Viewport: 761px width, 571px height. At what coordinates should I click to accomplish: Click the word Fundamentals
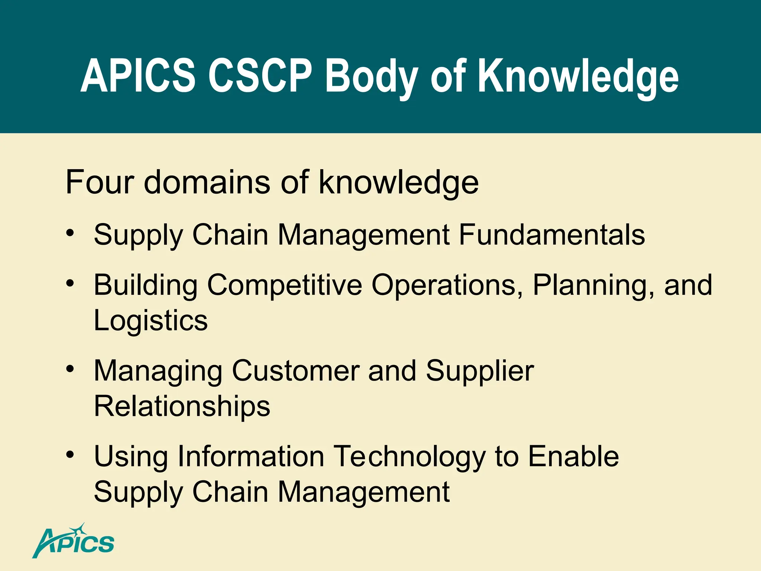(x=552, y=235)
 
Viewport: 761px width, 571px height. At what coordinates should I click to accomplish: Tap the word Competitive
(x=284, y=285)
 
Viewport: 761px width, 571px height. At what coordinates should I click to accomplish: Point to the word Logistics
(x=150, y=320)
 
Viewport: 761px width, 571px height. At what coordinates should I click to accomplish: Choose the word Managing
(x=158, y=371)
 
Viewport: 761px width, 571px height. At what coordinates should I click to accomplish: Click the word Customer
(x=296, y=371)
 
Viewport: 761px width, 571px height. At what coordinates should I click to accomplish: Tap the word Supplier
(x=480, y=371)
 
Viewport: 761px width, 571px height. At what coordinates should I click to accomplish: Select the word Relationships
(x=182, y=406)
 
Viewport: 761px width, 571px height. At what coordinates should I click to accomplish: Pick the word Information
(x=251, y=456)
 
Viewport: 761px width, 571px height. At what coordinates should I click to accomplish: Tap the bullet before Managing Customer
(x=70, y=369)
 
